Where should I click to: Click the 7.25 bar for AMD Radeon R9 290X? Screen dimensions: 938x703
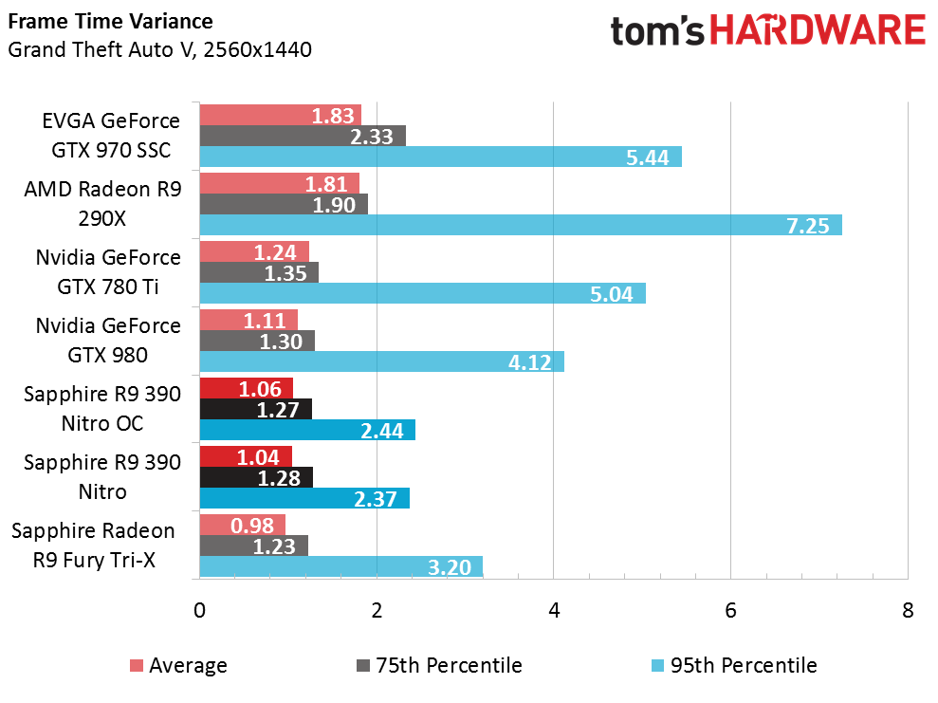(x=521, y=225)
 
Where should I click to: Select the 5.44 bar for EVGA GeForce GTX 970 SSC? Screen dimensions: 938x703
(x=441, y=157)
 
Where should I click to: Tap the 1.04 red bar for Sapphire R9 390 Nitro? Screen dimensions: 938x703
(x=246, y=456)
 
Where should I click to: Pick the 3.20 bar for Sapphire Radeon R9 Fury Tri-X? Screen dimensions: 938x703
(x=341, y=566)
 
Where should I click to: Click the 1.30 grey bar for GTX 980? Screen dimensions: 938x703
(x=257, y=341)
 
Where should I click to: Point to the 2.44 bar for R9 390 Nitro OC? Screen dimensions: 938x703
(x=307, y=430)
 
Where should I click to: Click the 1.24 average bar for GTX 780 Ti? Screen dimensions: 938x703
(x=254, y=251)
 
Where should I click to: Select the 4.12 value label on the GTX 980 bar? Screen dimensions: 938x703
(x=529, y=362)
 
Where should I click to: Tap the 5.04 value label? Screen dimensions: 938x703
(x=612, y=294)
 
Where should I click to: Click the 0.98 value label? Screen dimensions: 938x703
(x=252, y=526)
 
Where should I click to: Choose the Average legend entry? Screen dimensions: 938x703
(x=179, y=665)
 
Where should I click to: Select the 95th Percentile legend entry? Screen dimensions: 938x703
(x=734, y=665)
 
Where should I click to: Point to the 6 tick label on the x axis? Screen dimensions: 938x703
(x=730, y=610)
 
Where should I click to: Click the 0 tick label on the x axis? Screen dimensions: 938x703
(x=200, y=610)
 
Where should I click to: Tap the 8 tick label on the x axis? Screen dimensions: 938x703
(x=908, y=610)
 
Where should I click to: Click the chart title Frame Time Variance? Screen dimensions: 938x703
(x=111, y=22)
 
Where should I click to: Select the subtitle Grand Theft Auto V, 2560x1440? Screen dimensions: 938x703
(x=159, y=49)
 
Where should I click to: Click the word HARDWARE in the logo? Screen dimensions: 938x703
(x=818, y=30)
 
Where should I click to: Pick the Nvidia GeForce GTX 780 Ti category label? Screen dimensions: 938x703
(x=108, y=272)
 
